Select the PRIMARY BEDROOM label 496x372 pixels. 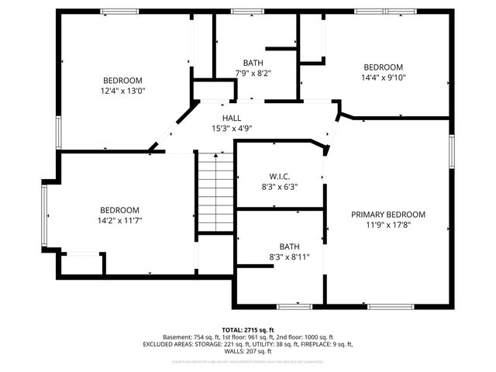[388, 215]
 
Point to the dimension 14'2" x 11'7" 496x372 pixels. [119, 220]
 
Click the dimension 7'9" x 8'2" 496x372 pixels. [253, 74]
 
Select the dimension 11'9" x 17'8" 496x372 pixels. [388, 226]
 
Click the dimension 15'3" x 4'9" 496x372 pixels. [232, 129]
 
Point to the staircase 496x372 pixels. [215, 192]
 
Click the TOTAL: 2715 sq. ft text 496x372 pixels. [248, 329]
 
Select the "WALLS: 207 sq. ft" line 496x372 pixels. [248, 352]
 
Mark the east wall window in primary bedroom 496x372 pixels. [452, 151]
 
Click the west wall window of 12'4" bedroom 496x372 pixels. [56, 132]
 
